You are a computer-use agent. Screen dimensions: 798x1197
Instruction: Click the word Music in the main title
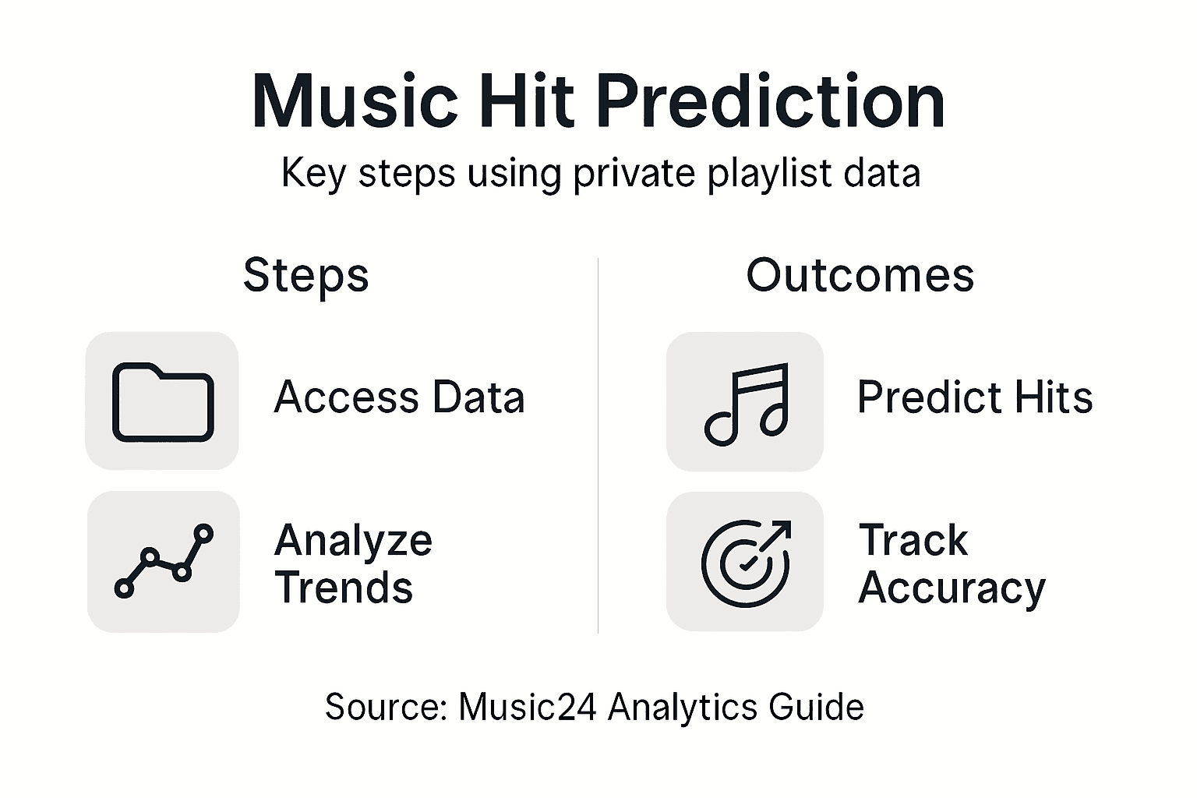355,102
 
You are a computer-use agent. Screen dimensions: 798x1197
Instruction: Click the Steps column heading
305,275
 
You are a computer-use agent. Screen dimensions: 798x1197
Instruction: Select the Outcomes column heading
860,275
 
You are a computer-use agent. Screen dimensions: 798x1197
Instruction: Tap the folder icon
163,401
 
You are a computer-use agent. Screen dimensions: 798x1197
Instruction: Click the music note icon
746,403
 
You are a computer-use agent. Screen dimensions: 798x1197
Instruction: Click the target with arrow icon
746,562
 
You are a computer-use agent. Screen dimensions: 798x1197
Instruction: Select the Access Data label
399,397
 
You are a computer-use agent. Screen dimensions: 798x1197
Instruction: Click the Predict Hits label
974,397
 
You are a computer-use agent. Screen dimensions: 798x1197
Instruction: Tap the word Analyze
353,541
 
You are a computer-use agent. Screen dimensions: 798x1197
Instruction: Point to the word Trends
344,588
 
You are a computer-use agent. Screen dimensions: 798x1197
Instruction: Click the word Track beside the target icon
913,540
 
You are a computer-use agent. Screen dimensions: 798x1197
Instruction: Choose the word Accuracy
952,588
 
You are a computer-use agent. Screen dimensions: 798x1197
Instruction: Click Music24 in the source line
528,708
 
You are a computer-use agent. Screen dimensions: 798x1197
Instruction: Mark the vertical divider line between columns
598,444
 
